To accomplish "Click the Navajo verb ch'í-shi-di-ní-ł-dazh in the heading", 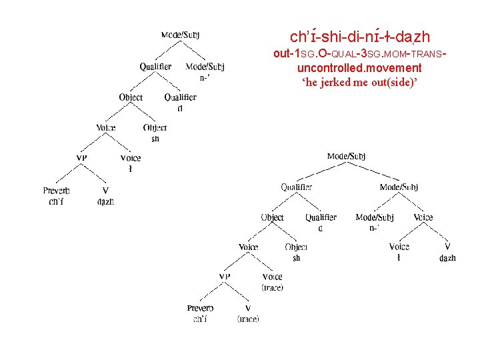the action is coord(360,36).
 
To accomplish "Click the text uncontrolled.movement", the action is coord(359,68).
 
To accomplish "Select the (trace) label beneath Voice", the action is coord(272,287).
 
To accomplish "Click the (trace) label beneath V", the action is coord(248,319).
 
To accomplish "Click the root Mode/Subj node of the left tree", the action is coord(180,35).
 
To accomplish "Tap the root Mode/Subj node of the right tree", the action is coord(346,157).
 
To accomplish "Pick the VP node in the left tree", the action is coord(81,158).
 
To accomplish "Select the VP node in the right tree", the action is coord(225,277).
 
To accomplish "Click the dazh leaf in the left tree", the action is coord(105,201).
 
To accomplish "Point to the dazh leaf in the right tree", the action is coord(447,258).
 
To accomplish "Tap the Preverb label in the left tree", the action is coord(57,191).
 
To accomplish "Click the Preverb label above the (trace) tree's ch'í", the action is coord(200,308).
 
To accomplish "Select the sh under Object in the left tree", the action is coord(155,139).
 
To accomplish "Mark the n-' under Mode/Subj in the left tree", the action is coord(205,77).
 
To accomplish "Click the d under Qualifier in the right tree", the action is coord(321,228).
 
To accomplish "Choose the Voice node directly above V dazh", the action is coord(423,217).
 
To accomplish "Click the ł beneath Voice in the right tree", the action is coord(399,258).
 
